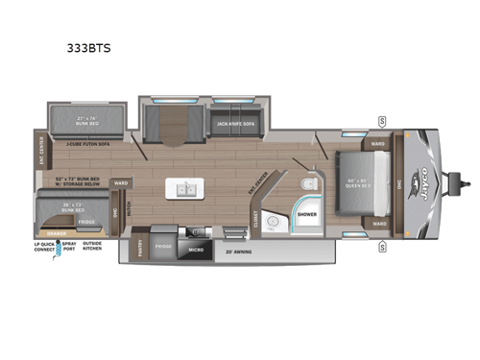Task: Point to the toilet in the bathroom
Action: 305,186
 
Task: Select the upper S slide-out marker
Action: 382,120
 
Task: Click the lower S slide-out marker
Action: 382,247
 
